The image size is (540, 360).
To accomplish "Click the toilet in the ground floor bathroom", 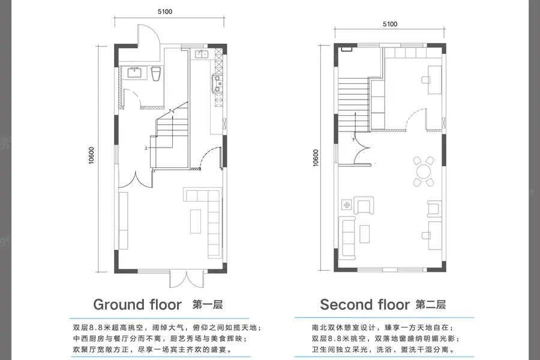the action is coord(156,74).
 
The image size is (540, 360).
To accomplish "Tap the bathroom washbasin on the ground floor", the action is coord(134,73).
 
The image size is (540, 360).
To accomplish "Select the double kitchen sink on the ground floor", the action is coord(201,54).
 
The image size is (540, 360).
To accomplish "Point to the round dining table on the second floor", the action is coord(423,171).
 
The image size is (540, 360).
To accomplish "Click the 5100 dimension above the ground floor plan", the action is coord(165,12).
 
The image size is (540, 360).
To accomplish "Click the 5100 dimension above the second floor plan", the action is coord(390,24).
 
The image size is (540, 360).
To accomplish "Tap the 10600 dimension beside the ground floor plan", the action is coord(91,155).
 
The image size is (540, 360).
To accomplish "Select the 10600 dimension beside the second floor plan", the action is coord(316,158).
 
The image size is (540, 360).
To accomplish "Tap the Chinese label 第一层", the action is coord(208,305).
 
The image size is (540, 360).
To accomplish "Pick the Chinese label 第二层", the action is coord(431,305).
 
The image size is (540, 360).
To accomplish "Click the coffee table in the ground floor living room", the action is coord(196,221).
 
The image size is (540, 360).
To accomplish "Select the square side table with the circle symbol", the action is coord(347,205).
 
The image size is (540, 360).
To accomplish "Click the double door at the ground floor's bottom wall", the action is coord(185,280).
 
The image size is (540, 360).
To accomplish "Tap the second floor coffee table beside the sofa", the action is coord(365,234).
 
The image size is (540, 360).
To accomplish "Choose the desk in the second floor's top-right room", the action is coord(434,80).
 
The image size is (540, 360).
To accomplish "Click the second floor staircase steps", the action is coord(353,105).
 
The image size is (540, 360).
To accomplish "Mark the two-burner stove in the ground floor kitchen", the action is coord(218,84).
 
